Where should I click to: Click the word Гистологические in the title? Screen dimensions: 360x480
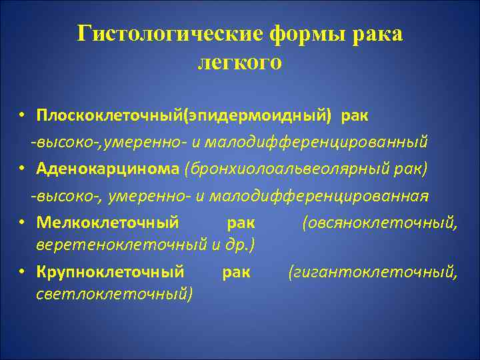tap(171, 34)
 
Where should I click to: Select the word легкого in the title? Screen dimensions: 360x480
tap(240, 62)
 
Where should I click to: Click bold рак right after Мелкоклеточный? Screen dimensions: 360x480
tap(241, 221)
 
